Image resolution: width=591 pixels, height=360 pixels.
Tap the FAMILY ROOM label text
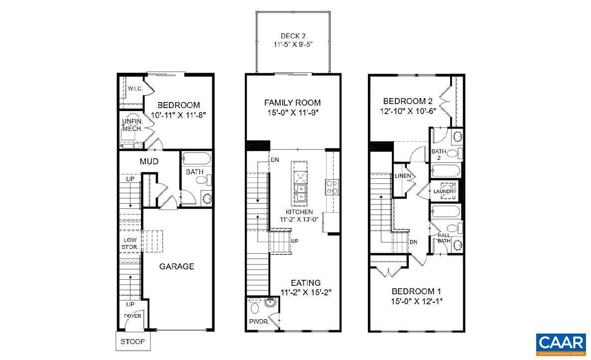click(292, 103)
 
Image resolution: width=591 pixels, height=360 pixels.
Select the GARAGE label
click(176, 266)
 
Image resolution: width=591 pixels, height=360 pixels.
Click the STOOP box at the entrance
click(132, 342)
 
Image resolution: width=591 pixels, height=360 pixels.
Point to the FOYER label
click(132, 316)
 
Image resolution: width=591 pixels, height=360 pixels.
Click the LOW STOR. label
click(130, 243)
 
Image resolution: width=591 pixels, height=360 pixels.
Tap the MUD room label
click(149, 161)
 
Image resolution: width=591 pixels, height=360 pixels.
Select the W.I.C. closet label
click(135, 89)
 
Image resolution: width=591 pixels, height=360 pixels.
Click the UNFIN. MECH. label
click(132, 125)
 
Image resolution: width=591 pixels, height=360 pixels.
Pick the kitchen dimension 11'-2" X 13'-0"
click(299, 219)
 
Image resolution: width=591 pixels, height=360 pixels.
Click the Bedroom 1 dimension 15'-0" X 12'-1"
click(416, 301)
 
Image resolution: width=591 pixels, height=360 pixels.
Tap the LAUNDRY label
click(445, 192)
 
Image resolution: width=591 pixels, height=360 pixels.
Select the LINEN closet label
click(402, 176)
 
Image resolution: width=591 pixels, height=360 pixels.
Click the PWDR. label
click(259, 322)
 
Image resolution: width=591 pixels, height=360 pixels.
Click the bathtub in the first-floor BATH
click(196, 159)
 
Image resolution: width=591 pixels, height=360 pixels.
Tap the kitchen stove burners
click(332, 187)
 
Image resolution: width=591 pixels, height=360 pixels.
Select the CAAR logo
click(561, 344)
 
